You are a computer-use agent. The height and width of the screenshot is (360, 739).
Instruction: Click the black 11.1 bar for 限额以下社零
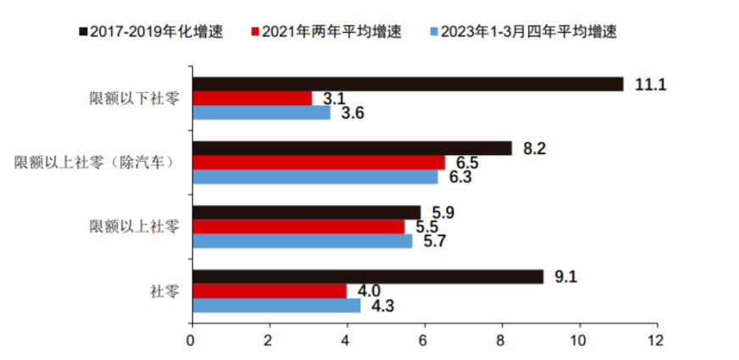tap(408, 84)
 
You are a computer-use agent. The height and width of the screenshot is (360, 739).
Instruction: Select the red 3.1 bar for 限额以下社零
tap(253, 98)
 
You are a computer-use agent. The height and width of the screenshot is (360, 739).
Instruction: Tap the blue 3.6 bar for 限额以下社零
tap(262, 113)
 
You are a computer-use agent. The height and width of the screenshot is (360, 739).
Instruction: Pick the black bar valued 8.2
tap(353, 148)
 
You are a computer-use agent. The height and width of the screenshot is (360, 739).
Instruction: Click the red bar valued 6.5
tap(319, 163)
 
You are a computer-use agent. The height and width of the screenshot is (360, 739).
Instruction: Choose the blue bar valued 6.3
tap(315, 177)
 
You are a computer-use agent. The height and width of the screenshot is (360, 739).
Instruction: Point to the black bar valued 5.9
tap(307, 212)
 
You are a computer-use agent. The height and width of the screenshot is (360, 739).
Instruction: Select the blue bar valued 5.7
tap(303, 241)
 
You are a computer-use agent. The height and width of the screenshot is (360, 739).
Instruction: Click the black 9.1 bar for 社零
tap(368, 276)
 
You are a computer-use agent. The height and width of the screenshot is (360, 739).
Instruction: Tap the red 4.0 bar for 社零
tap(269, 291)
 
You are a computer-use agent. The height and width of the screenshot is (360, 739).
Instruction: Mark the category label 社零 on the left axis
tap(164, 291)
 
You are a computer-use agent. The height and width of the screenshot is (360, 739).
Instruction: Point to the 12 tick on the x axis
tap(655, 341)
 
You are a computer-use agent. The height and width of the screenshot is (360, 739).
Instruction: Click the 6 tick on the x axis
tap(425, 341)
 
